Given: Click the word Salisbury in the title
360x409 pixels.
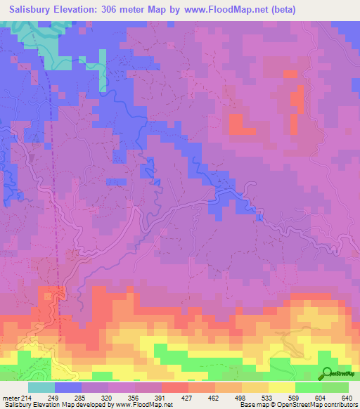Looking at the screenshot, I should [30, 10].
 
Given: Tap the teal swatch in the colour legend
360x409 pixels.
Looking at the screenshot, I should [41, 387].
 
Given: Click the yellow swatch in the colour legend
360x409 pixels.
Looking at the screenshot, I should [281, 387].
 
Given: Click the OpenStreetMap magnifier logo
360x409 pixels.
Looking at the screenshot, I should [326, 373].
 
